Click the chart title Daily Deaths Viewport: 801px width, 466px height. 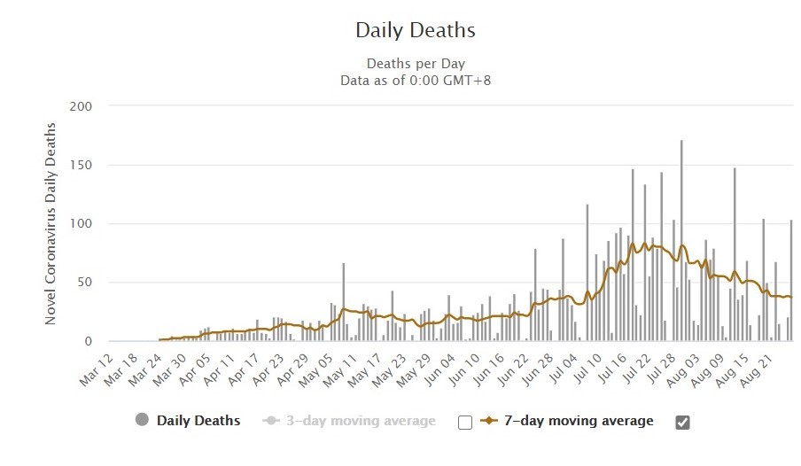coord(416,30)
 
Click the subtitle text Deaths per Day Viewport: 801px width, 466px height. coord(416,64)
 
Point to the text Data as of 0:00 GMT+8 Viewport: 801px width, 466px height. coord(416,81)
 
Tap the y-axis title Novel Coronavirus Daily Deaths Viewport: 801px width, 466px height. coord(50,224)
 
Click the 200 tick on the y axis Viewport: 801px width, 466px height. coord(81,106)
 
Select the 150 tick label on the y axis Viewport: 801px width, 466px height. coord(81,165)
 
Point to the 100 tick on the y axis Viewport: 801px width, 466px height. coord(81,224)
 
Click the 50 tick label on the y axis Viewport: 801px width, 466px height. coord(84,282)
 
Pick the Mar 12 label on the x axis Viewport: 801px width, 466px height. coord(96,370)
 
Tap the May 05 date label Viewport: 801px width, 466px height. coord(316,370)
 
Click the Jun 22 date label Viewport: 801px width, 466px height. coord(513,370)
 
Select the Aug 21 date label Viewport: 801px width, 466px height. coord(758,370)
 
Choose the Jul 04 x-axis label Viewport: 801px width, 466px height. coord(563,370)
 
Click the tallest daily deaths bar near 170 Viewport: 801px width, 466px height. coord(681,240)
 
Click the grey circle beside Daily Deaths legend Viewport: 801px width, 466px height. coord(142,420)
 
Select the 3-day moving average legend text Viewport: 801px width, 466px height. coord(361,421)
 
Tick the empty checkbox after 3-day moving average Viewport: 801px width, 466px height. coord(465,423)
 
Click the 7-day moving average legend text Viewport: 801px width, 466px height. coord(579,421)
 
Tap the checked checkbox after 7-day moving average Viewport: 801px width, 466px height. coord(682,423)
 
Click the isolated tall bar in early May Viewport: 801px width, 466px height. coord(344,302)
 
